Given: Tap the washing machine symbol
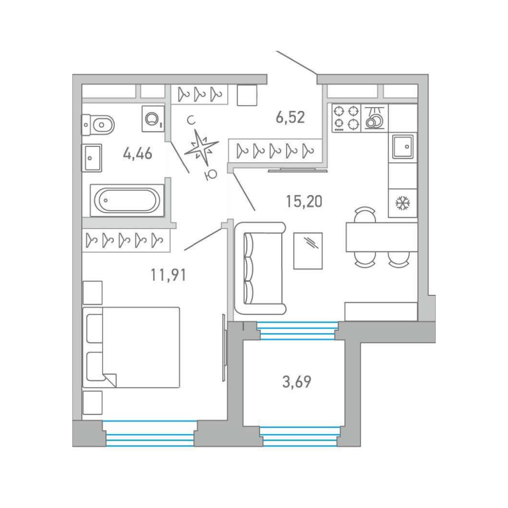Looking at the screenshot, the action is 153,119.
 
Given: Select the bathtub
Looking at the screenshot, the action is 127,200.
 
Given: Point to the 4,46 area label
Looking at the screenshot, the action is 138,153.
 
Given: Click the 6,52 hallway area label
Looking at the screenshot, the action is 290,117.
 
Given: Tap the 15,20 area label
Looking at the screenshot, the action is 304,201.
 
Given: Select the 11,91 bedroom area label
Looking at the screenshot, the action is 168,275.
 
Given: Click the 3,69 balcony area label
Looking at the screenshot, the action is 297,381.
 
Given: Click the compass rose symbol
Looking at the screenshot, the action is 201,147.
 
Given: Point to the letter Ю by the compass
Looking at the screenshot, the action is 211,175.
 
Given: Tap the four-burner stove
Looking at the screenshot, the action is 346,118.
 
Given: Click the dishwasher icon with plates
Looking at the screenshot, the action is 374,118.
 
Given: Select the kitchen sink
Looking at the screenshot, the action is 403,147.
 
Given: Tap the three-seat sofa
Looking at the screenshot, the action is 260,269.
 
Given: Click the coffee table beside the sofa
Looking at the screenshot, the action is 308,251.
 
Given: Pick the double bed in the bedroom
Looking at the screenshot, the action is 131,347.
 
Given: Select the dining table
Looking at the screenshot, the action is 381,237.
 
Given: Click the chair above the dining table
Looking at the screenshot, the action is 365,214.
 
